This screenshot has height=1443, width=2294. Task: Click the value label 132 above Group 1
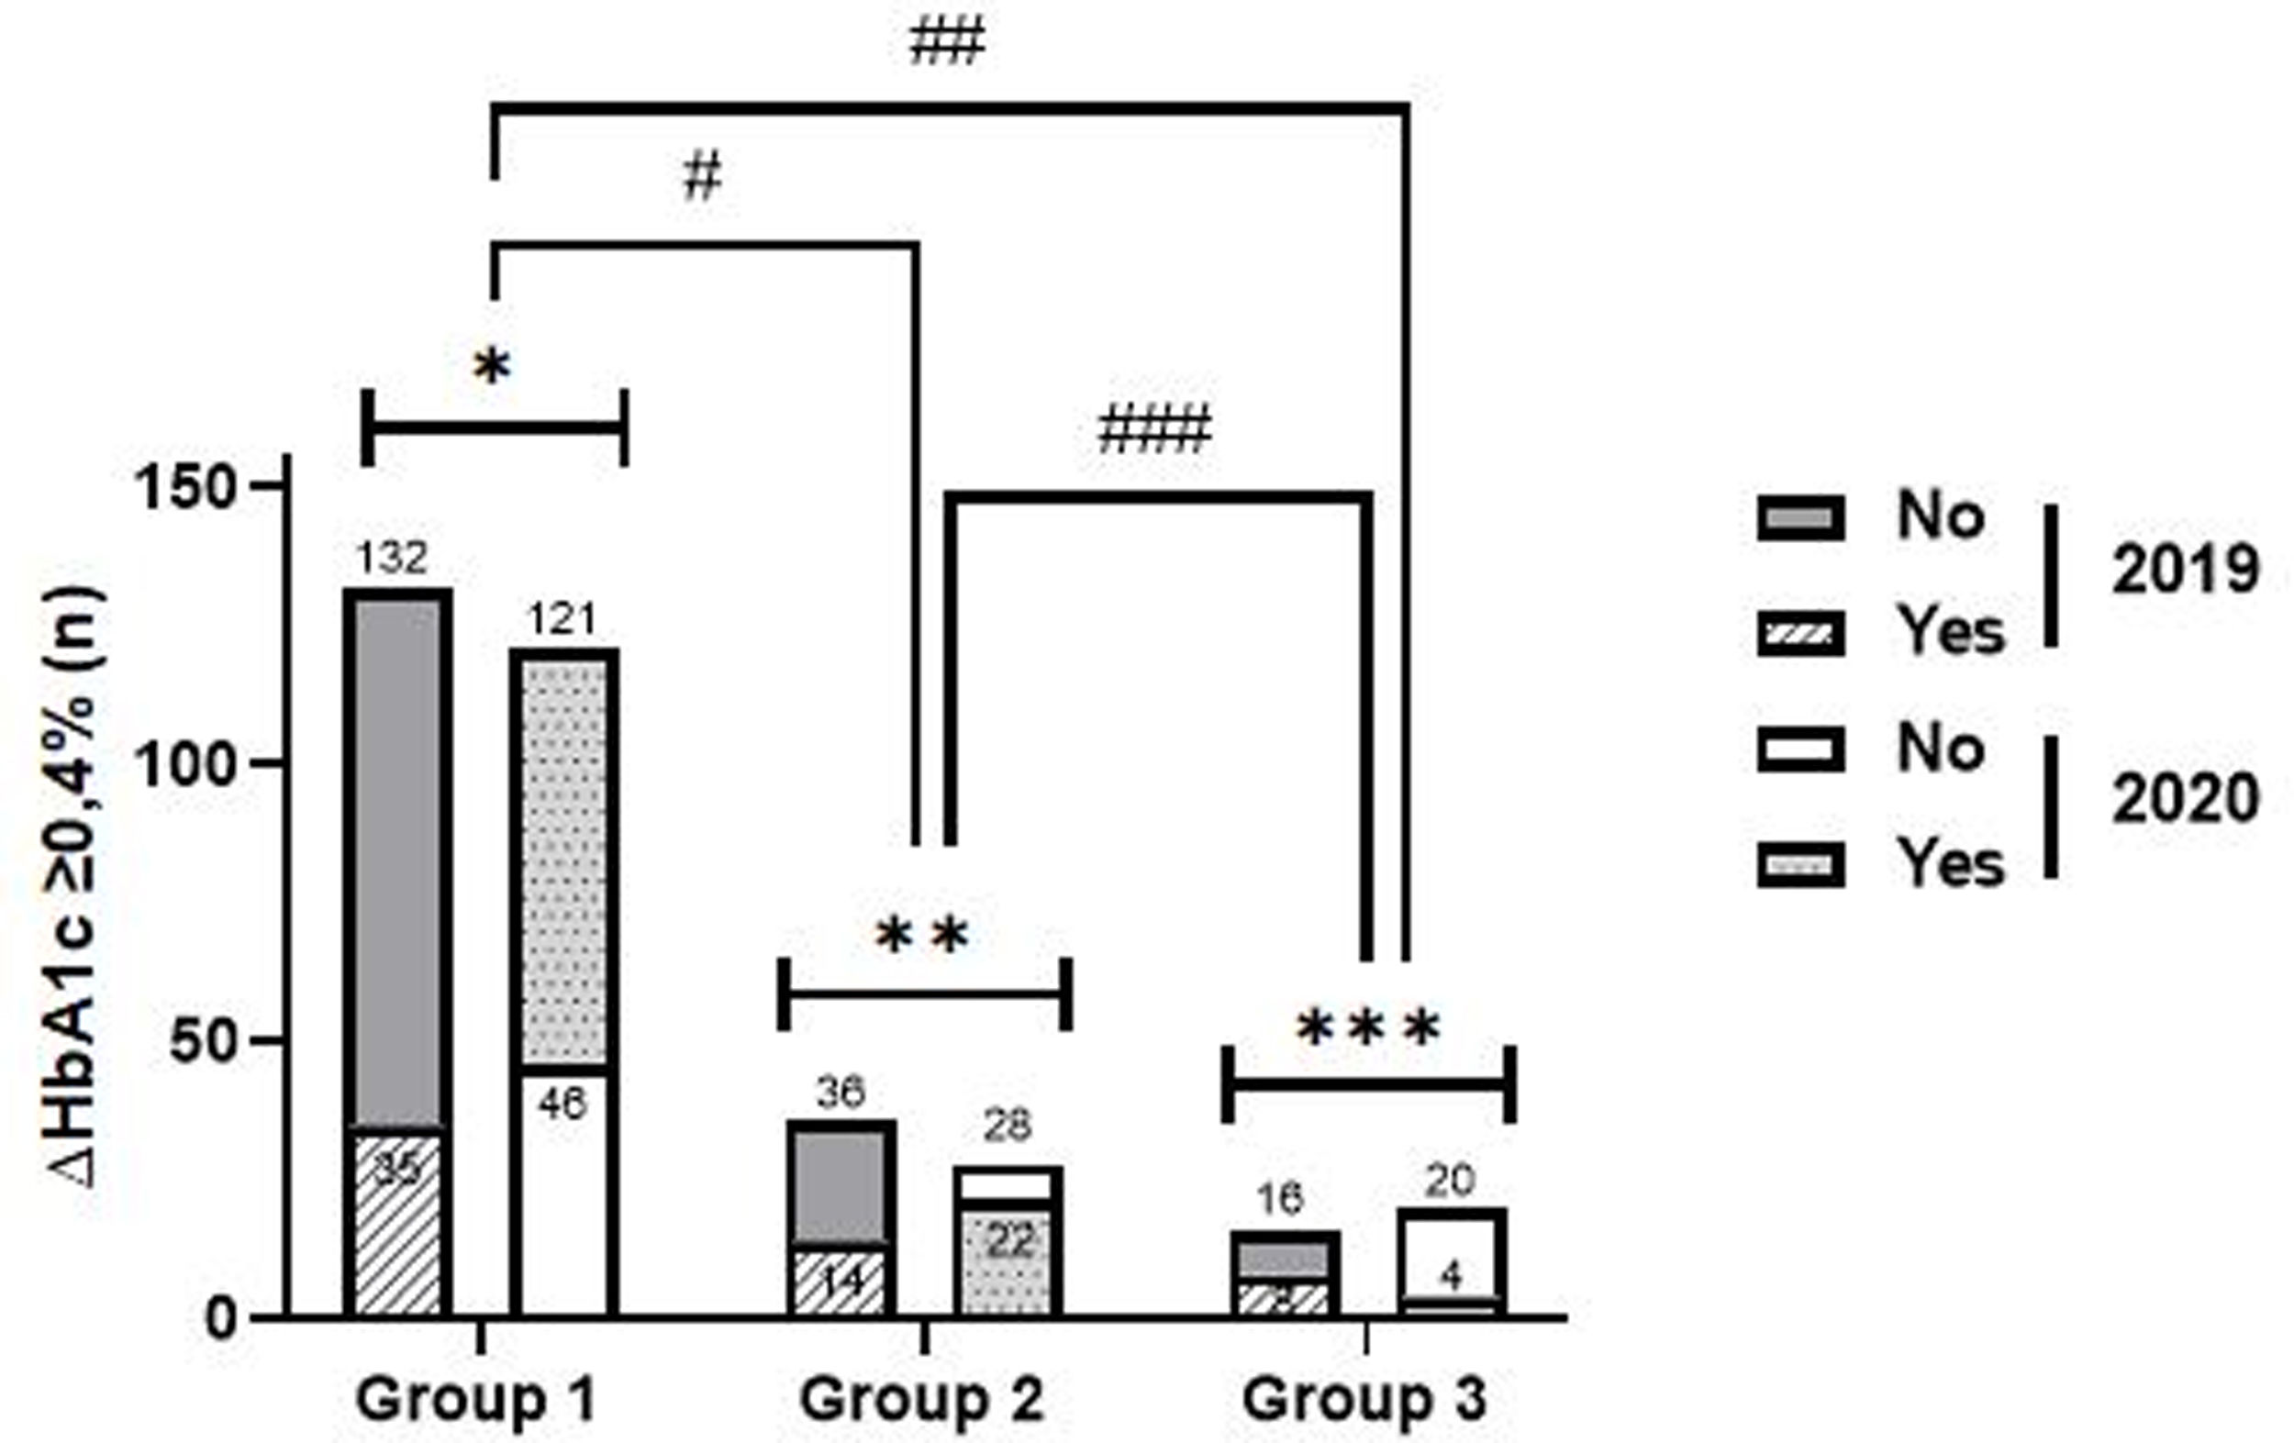pos(393,557)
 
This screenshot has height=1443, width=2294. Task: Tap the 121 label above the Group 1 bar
pos(562,619)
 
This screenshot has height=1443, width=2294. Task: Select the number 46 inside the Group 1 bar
pos(562,1103)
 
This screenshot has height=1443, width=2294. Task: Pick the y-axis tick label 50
pos(200,1042)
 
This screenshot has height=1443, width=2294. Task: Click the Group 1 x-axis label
pos(475,1399)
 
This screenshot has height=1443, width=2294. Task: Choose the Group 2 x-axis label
pos(921,1399)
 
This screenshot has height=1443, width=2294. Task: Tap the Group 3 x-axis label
pos(1364,1399)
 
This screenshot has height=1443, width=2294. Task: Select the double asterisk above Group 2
pos(922,938)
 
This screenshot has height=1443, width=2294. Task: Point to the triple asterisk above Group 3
pos(1368,1029)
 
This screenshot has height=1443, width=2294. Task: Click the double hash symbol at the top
pos(946,44)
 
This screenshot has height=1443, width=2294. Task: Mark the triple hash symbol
pos(1154,429)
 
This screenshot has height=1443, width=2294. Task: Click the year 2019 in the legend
pos(2185,570)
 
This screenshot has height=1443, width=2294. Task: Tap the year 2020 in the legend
pos(2185,797)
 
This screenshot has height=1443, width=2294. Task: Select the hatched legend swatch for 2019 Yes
pos(1800,633)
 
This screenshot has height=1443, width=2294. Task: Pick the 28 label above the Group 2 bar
pos(1007,1126)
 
